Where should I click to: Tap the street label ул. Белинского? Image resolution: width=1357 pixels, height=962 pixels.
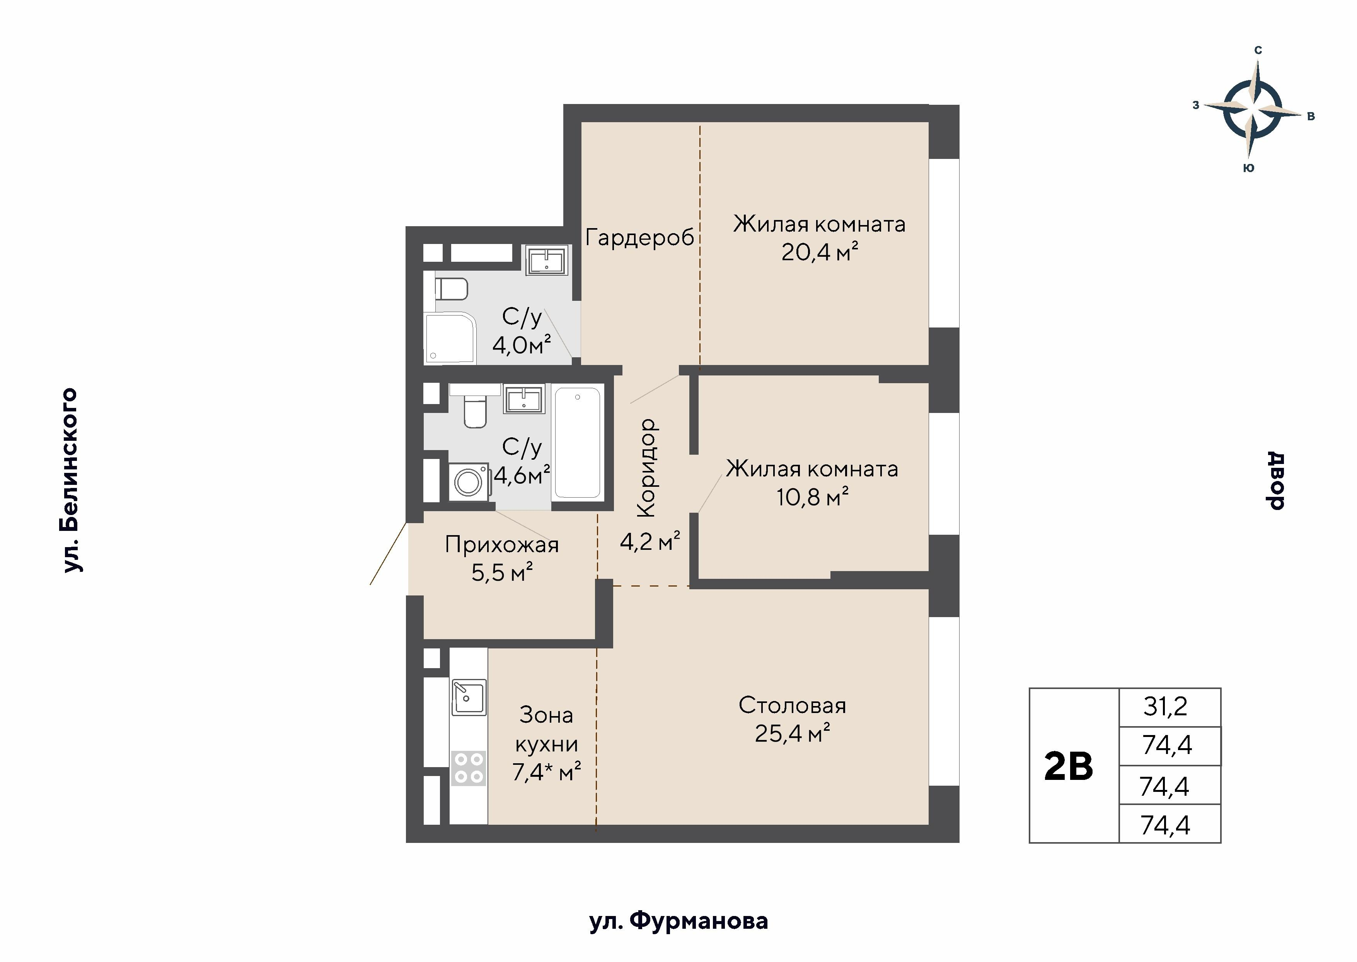point(70,480)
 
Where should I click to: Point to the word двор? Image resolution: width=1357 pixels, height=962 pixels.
point(1275,480)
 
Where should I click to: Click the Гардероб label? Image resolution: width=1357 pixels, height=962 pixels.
point(640,237)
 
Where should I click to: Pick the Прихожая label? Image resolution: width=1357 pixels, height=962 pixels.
point(502,545)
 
